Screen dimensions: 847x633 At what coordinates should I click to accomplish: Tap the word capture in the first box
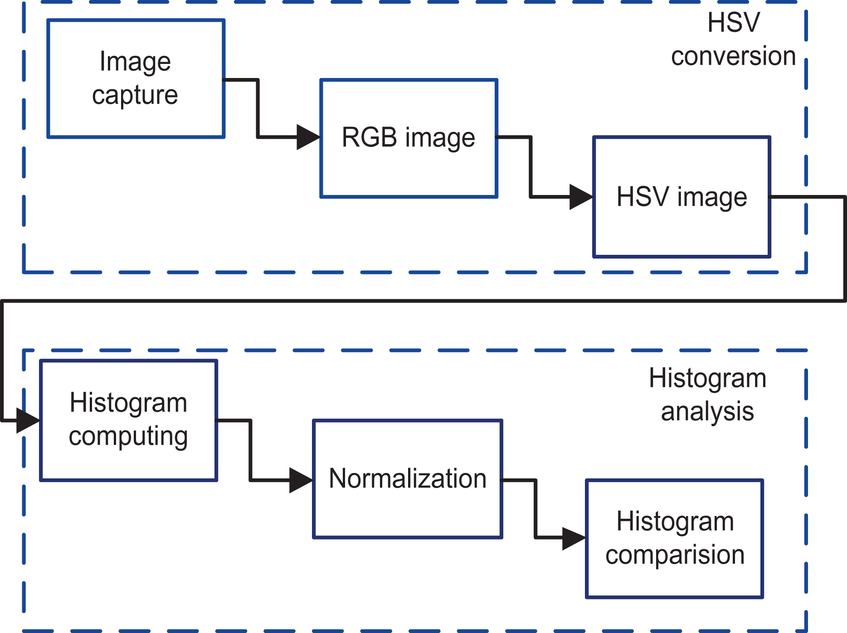coord(135,96)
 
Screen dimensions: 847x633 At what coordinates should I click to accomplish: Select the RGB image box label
coord(409,138)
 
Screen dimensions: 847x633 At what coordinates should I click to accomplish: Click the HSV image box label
coord(682,198)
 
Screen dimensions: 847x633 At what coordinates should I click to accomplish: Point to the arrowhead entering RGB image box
coord(308,137)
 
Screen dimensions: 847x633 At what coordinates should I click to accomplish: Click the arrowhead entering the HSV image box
coord(581,197)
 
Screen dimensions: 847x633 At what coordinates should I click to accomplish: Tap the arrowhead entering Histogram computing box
coord(28,421)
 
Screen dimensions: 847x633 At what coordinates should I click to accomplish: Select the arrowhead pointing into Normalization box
coord(301,480)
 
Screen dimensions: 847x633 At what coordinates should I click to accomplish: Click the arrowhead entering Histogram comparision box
coord(574,538)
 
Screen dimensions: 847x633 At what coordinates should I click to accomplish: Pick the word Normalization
coord(408,479)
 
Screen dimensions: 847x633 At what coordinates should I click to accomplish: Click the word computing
coord(128,437)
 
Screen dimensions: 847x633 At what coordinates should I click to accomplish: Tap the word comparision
coord(675,555)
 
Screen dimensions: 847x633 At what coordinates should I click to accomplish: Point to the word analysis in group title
coord(707,412)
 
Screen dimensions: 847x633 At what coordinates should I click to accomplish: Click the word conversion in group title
coord(734,57)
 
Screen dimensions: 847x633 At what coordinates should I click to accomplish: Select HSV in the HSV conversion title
coord(734,23)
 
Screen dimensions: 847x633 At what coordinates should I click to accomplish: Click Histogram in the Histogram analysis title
coord(707,379)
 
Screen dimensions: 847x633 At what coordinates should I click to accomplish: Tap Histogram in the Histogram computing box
coord(128,403)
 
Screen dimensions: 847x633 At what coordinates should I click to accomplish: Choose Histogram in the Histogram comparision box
coord(675,522)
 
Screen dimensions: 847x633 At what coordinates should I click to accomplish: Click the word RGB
coord(370,137)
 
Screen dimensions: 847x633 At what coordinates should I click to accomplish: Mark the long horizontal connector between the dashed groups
coord(423,300)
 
